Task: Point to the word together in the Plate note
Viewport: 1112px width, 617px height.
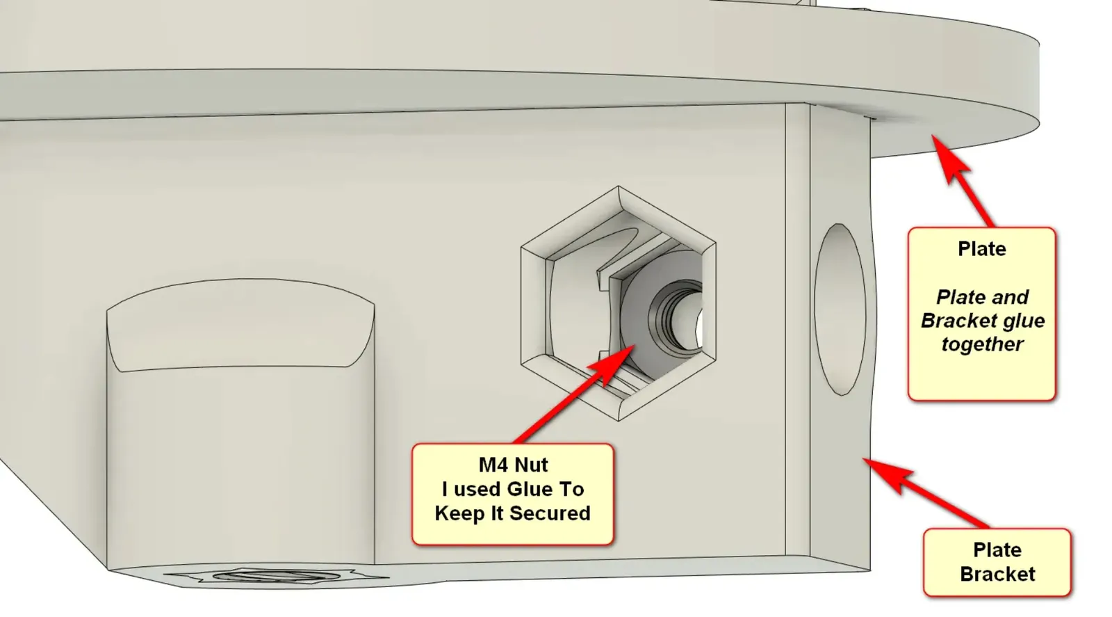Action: coord(983,344)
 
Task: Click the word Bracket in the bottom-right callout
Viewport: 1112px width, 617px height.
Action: coord(997,575)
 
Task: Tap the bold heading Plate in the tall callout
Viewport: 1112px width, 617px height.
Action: coord(982,249)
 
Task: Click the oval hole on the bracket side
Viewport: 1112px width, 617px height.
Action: coord(840,309)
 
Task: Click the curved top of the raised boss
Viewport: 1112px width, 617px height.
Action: coord(240,325)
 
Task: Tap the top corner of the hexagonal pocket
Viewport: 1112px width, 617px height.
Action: coord(618,186)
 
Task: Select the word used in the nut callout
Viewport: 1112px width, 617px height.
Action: coord(477,489)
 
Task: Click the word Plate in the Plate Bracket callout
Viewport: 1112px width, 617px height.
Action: coord(997,550)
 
